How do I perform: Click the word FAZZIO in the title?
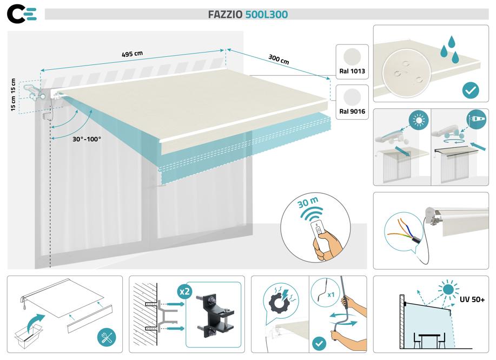pos(225,15)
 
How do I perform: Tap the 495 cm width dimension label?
pos(132,54)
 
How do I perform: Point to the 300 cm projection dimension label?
pos(279,59)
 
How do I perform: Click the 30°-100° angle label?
pos(87,139)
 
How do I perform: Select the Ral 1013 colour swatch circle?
pos(352,57)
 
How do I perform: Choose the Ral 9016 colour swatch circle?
pos(352,97)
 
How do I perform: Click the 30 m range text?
pos(308,202)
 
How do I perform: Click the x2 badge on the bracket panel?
pos(184,291)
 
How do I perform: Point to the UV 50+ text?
pos(472,299)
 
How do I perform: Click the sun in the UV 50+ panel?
pos(448,290)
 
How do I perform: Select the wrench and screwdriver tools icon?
pos(107,337)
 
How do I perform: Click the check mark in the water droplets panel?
pos(471,90)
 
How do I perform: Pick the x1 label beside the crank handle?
pos(331,295)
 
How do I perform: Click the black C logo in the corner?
pos(16,15)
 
